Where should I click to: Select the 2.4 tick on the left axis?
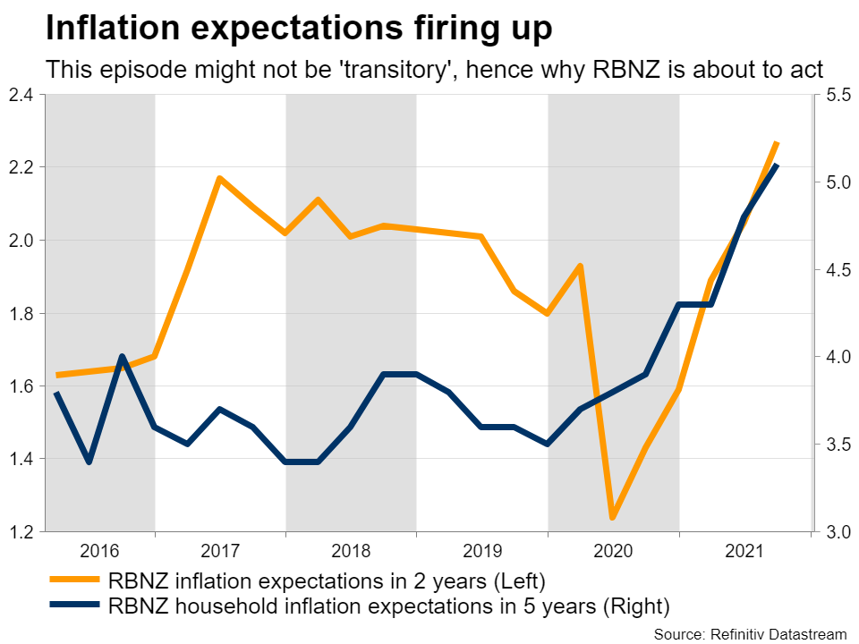(x=21, y=94)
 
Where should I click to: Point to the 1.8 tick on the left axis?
(x=21, y=313)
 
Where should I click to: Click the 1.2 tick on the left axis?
(x=21, y=532)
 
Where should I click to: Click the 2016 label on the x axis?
(x=100, y=549)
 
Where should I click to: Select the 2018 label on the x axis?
(x=351, y=549)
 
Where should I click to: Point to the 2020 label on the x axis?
(x=613, y=549)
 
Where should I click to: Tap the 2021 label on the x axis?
(x=744, y=549)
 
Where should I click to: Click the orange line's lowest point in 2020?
(x=613, y=518)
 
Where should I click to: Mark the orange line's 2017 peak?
(x=219, y=178)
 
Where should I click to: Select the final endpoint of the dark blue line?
(x=777, y=165)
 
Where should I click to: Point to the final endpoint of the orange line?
(x=777, y=143)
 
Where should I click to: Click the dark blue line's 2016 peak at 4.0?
(x=122, y=356)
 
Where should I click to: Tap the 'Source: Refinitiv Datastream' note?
(x=749, y=633)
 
